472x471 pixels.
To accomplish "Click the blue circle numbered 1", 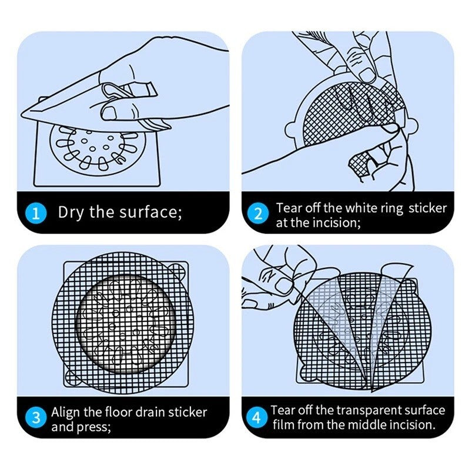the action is click(x=35, y=213).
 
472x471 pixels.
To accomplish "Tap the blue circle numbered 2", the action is click(x=257, y=214).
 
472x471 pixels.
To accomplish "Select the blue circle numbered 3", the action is click(x=36, y=418).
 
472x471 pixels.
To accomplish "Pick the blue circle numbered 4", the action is click(x=256, y=417).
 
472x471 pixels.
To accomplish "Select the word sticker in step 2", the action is click(x=427, y=208).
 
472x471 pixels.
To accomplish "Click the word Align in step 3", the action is click(x=66, y=413).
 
